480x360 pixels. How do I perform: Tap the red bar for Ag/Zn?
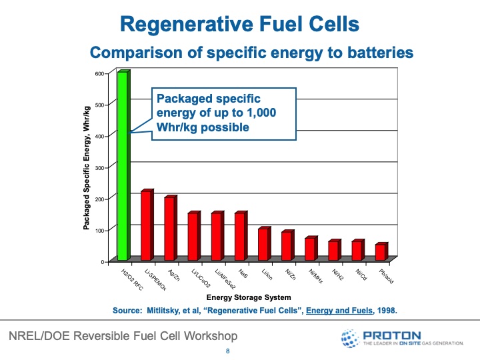pos(169,228)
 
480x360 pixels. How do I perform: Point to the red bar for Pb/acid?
pos(379,252)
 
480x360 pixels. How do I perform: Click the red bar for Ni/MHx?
pos(309,249)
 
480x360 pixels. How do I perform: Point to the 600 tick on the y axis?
pos(100,73)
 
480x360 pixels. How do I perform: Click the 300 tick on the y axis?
pos(100,167)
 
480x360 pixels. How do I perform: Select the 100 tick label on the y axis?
pos(100,230)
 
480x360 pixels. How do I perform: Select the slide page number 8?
pos(228,351)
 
